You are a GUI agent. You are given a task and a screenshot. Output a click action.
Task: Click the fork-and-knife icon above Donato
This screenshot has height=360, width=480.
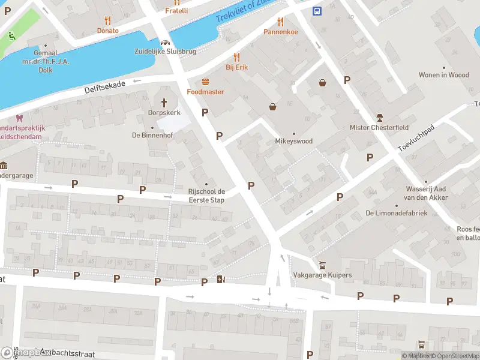coord(108,20)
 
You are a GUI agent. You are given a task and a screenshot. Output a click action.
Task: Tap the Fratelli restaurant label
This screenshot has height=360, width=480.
coord(176,10)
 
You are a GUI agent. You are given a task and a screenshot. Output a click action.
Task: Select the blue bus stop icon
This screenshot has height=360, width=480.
coord(317,10)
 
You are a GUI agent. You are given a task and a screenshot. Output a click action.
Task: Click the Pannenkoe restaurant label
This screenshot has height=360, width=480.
coord(281,31)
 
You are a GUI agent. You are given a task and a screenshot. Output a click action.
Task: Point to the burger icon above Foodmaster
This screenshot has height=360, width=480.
coord(205,81)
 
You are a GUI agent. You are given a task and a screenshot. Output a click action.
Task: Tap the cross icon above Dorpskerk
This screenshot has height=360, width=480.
coord(165,101)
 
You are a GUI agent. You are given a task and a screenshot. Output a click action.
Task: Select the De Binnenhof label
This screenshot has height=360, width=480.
coord(152,135)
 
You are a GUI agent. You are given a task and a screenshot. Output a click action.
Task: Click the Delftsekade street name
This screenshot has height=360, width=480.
coord(105,87)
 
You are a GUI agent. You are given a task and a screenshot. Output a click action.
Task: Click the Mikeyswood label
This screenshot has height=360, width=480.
coord(294,141)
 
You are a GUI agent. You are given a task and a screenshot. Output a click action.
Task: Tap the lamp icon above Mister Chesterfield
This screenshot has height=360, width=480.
coord(379,116)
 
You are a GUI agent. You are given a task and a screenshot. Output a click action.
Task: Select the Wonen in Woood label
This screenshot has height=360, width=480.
coord(443,74)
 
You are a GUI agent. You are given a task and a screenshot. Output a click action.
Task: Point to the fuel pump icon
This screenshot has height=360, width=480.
coord(221,279)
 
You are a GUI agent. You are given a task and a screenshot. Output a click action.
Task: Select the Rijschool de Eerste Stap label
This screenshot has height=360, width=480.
coord(206,195)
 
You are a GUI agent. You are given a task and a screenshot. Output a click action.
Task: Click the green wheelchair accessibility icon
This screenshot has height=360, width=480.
coord(12,37)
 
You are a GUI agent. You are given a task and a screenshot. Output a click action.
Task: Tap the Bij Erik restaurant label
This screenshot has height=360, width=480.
coord(236,67)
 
